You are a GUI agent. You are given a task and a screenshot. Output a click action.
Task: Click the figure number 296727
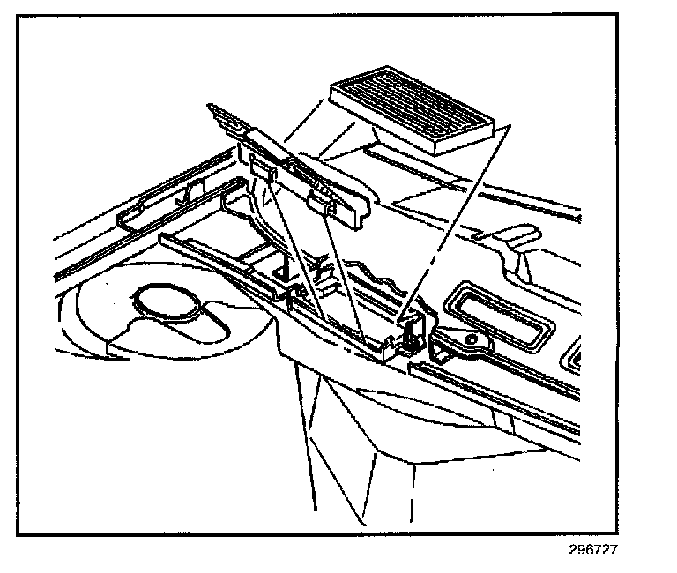click(592, 549)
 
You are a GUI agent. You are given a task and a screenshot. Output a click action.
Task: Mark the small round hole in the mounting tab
click(473, 338)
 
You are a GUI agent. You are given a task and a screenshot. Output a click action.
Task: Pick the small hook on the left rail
click(184, 196)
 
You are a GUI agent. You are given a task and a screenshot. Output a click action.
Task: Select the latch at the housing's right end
click(412, 334)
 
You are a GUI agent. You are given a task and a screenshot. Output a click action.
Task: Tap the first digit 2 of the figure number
click(573, 549)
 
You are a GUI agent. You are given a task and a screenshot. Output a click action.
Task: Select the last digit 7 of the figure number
click(613, 549)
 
